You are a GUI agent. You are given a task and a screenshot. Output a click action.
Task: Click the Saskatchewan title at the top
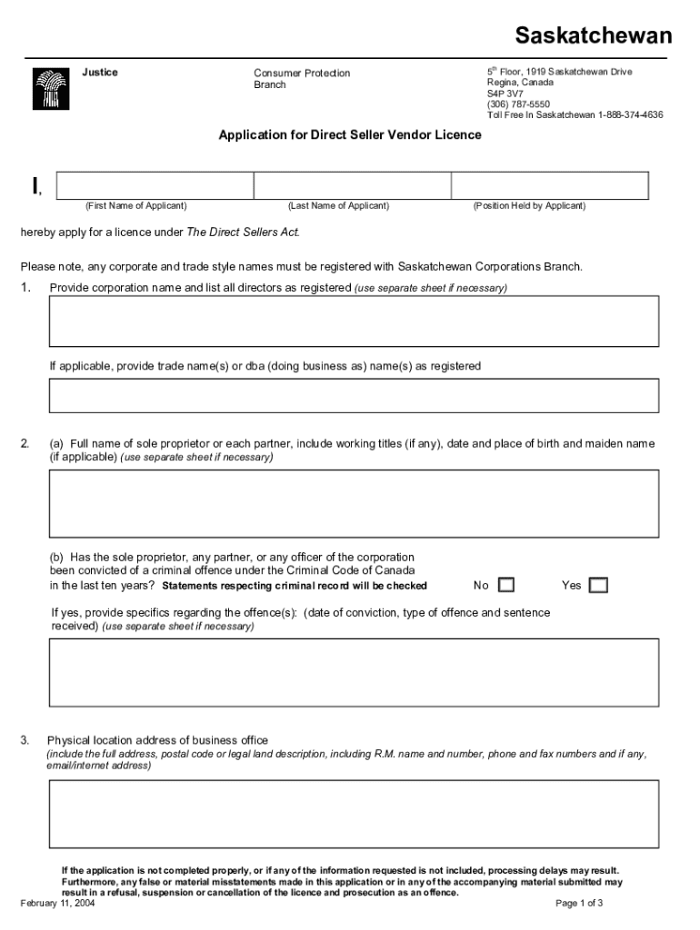click(594, 35)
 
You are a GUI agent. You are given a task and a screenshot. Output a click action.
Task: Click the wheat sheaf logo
click(51, 89)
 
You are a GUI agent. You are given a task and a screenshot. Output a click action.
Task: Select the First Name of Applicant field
click(155, 185)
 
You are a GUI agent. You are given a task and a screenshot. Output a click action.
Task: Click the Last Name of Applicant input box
click(352, 185)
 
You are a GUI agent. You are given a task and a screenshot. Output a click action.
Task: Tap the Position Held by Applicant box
click(550, 185)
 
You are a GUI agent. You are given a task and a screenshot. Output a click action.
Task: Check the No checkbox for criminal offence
click(506, 585)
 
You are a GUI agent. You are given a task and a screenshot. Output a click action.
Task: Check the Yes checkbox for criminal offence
click(598, 585)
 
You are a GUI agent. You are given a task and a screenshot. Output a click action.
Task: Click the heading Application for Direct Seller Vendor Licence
click(350, 135)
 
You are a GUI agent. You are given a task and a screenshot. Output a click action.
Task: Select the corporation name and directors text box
click(354, 322)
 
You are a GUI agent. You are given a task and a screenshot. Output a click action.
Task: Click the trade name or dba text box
click(354, 396)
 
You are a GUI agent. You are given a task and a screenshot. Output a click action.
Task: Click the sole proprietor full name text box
click(354, 503)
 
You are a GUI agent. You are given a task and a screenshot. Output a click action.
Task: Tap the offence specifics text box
click(354, 672)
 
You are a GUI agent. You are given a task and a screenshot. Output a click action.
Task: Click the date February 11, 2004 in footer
click(57, 904)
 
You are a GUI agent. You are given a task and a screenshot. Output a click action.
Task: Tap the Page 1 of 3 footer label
click(579, 904)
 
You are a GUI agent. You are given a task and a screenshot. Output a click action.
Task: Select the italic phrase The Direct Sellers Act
click(243, 232)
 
